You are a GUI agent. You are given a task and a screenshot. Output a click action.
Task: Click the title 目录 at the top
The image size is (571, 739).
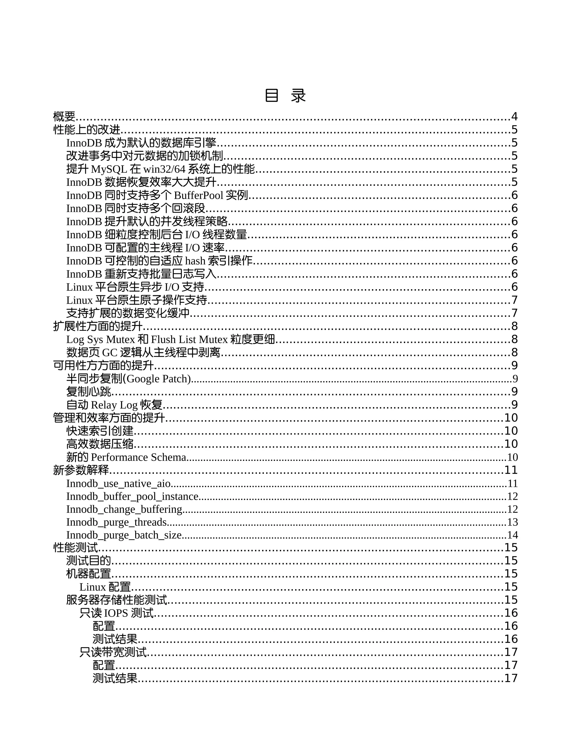pos(285,96)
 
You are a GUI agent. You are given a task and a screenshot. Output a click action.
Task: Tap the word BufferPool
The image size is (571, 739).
pos(199,195)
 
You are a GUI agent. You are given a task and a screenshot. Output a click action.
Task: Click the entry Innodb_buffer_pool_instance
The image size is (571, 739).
pos(132,496)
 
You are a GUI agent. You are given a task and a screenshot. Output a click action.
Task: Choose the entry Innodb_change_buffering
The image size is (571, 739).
pos(124,509)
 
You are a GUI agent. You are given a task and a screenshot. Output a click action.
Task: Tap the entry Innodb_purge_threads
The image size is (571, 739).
pos(116,522)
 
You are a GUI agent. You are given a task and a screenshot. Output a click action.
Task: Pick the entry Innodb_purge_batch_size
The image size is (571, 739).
pos(124,535)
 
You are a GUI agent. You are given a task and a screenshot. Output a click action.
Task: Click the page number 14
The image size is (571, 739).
pos(512,535)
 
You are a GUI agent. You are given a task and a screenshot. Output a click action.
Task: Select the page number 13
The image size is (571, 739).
pos(512,522)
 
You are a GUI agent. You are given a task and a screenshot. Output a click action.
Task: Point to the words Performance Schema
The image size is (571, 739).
pos(138,457)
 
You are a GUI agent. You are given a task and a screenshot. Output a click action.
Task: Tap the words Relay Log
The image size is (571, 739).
pos(114,405)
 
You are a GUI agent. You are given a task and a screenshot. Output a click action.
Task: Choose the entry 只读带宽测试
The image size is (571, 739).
pos(113,652)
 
